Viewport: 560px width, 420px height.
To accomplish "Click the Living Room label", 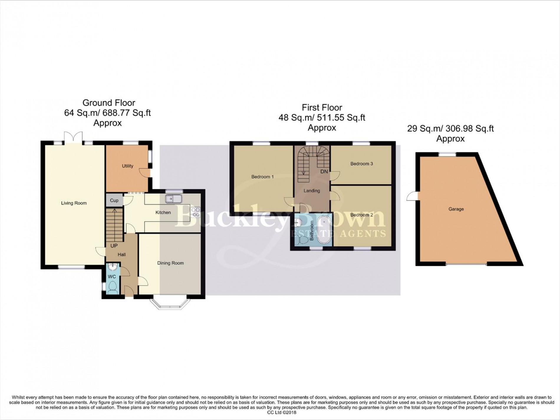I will (x=74, y=203).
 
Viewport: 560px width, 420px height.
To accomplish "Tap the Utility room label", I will (x=127, y=166).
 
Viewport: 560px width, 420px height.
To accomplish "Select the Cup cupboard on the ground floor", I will (x=114, y=201).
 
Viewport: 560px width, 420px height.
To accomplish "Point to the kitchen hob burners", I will (x=195, y=212).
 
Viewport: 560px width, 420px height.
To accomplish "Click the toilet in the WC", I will (x=112, y=287).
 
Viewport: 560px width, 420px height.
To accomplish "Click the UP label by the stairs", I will (x=114, y=246).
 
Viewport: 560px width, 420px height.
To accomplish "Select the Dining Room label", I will (x=170, y=263).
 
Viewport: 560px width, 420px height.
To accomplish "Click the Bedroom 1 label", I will (x=262, y=177).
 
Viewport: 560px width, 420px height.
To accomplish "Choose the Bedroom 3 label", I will (x=362, y=164).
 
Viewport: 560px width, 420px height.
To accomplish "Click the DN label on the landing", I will (x=324, y=171).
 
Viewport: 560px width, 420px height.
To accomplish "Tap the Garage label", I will (x=456, y=209).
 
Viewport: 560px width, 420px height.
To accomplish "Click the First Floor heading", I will (x=322, y=107).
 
